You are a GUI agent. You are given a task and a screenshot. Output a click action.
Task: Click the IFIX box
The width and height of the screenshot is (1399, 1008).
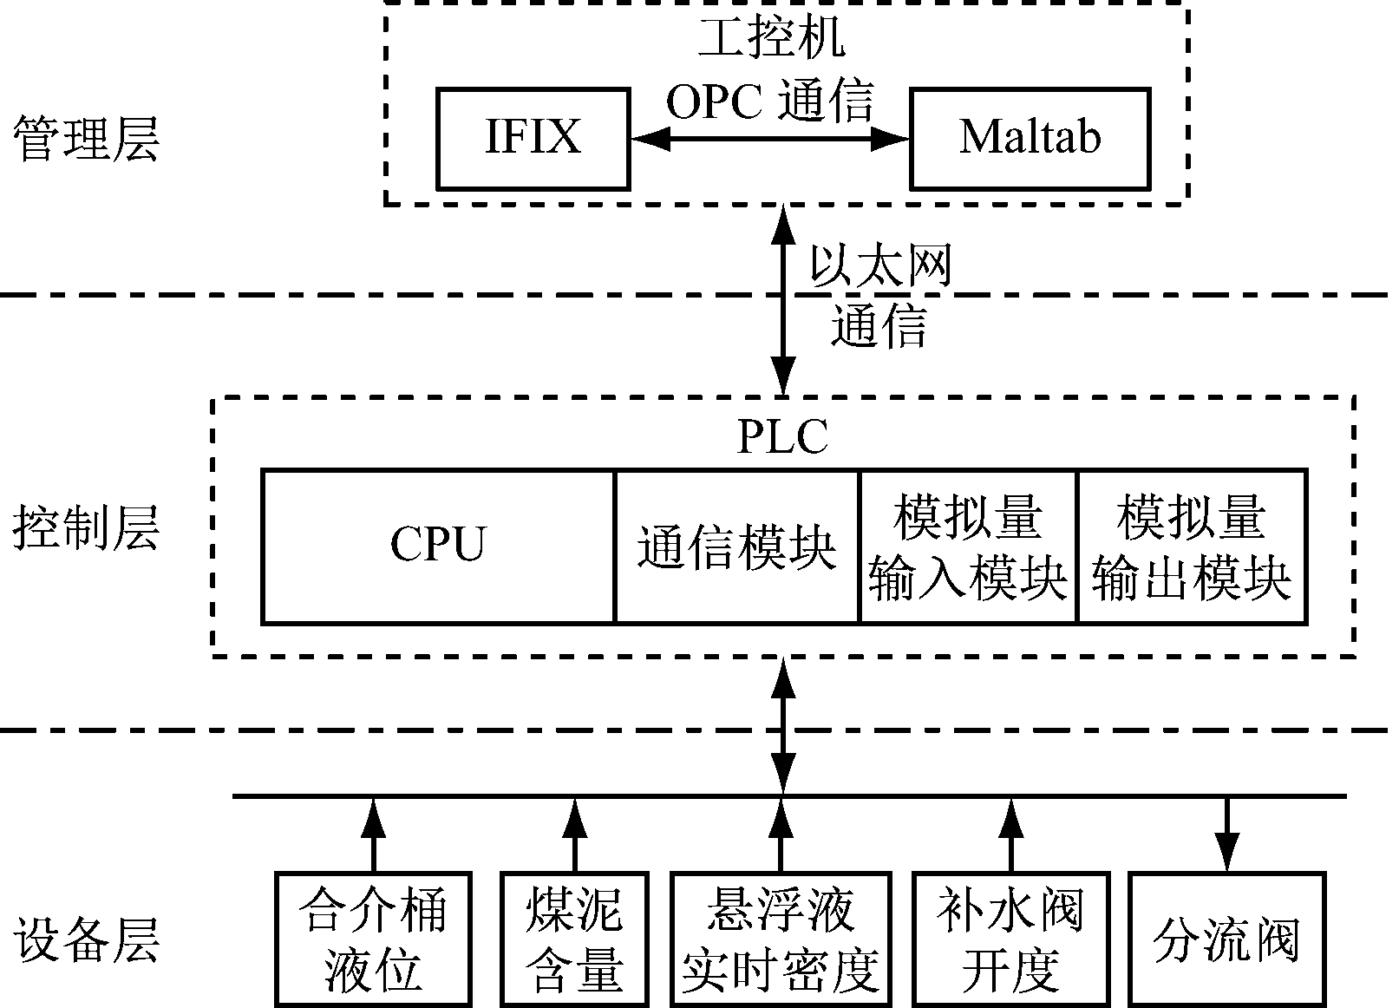pos(533,138)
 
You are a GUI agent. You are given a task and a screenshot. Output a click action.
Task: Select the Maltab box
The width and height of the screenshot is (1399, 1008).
pos(1030,138)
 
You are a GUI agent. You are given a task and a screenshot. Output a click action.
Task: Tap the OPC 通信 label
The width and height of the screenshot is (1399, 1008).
pos(769,101)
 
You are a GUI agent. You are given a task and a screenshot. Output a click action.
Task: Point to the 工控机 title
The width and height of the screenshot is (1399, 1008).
pos(771,38)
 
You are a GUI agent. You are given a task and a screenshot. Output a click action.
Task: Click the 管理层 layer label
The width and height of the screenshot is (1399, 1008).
pos(86,139)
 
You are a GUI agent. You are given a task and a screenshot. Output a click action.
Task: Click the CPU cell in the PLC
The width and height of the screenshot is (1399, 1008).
pos(438,546)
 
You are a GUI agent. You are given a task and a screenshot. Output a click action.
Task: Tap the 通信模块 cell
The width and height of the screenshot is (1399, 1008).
pos(736,547)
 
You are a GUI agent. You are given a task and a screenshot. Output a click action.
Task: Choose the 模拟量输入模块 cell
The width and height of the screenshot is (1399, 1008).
pos(967,547)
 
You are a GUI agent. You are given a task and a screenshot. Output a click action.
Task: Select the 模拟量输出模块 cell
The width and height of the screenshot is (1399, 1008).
pos(1191,547)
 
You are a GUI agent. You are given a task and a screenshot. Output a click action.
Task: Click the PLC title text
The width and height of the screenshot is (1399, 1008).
pos(782,436)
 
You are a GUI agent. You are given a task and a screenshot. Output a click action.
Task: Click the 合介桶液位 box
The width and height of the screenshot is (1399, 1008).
pos(373,939)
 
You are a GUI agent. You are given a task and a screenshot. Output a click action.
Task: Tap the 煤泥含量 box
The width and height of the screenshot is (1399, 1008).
pos(574,939)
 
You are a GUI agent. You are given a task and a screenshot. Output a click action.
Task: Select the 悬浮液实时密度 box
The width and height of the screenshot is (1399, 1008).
pos(781,939)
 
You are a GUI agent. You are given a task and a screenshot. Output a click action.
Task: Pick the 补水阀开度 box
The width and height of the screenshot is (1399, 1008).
pos(1010,939)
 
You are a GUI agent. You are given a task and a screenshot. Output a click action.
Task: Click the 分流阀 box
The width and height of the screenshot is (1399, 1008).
pos(1226,939)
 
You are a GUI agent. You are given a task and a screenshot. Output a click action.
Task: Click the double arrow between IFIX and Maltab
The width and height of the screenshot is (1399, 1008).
pos(769,138)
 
